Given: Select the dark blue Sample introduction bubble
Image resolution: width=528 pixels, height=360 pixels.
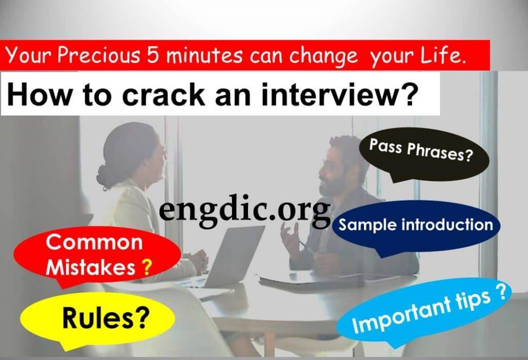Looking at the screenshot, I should coord(416,225).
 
